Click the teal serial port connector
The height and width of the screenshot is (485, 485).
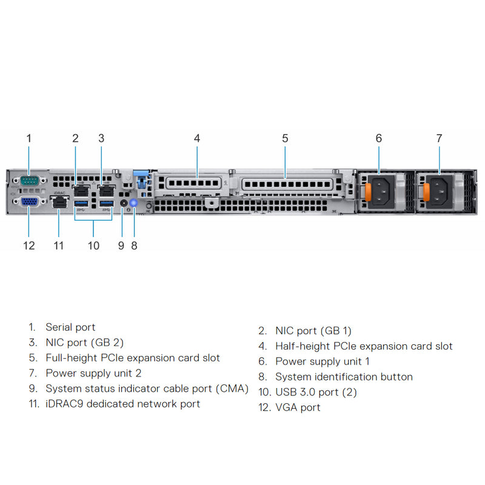28,180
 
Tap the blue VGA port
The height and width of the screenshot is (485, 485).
28,202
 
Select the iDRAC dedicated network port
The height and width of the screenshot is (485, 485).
59,204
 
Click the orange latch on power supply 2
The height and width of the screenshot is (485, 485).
426,191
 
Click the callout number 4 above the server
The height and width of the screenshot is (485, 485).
197,138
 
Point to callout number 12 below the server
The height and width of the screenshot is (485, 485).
28,246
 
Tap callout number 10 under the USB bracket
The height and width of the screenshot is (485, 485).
93,246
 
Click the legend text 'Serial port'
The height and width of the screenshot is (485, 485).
70,327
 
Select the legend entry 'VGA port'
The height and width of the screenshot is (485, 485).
298,407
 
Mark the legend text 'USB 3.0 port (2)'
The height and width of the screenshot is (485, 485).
316,392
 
